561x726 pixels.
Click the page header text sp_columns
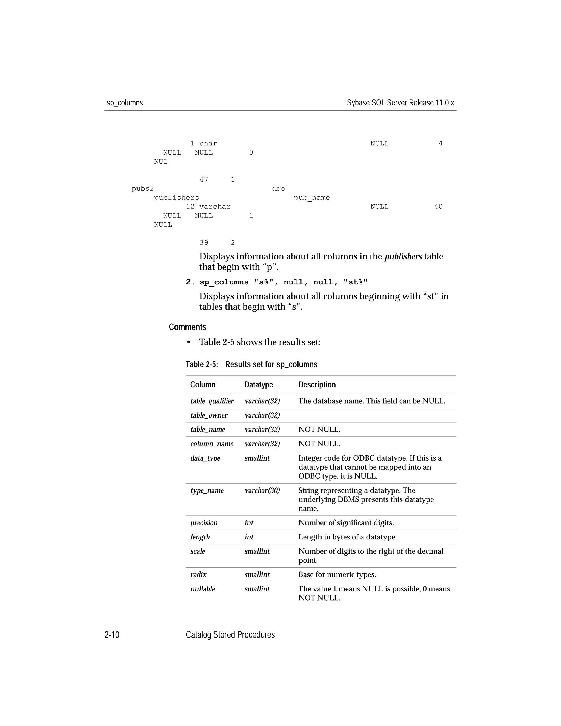pyautogui.click(x=125, y=103)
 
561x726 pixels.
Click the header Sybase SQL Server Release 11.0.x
pyautogui.click(x=400, y=103)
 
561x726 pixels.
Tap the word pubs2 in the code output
pyautogui.click(x=142, y=189)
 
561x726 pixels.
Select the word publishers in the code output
pyautogui.click(x=176, y=198)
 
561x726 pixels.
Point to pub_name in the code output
pyautogui.click(x=312, y=198)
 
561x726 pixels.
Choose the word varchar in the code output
pyautogui.click(x=215, y=207)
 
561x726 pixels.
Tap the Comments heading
pyautogui.click(x=187, y=327)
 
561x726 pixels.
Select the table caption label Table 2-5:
pyautogui.click(x=202, y=364)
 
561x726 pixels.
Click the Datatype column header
pyautogui.click(x=258, y=385)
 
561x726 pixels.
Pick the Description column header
pyautogui.click(x=317, y=385)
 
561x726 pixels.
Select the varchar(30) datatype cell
pyautogui.click(x=262, y=490)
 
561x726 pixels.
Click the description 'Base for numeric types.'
pyautogui.click(x=337, y=574)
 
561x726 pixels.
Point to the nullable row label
pyautogui.click(x=202, y=589)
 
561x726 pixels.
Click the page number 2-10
pyautogui.click(x=112, y=635)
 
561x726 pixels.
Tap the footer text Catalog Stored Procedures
pyautogui.click(x=230, y=635)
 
